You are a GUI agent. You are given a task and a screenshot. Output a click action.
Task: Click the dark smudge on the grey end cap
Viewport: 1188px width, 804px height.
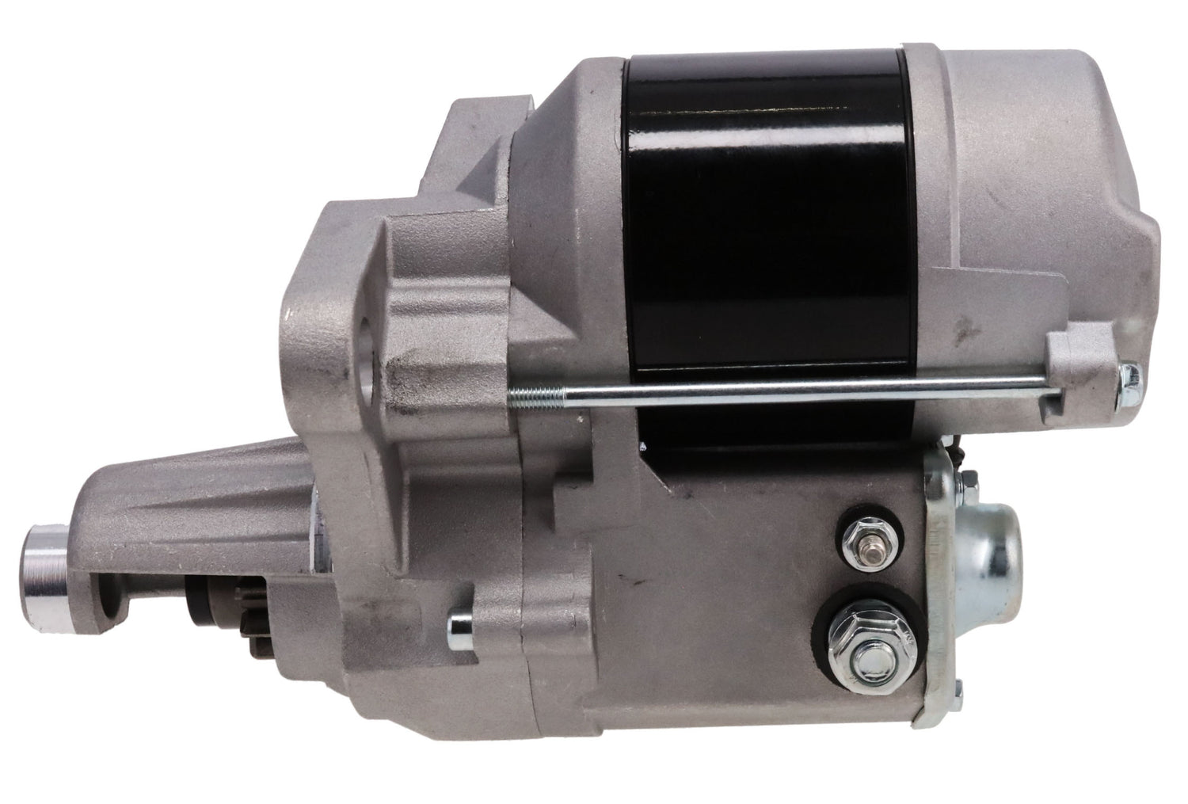(962, 324)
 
